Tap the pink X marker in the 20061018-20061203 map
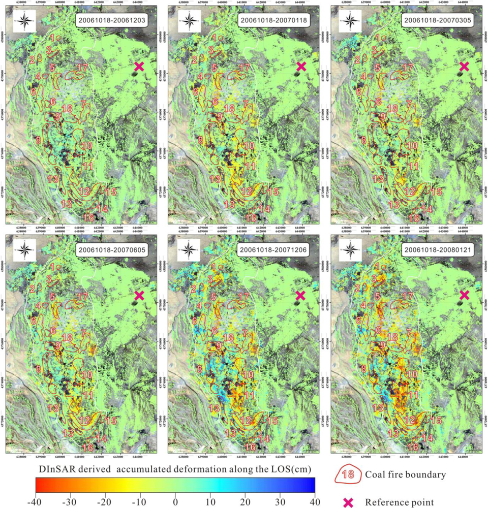tap(139, 66)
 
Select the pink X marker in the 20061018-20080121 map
tap(464, 295)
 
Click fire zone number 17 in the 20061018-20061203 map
tap(82, 67)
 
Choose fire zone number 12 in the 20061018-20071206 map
tap(246, 421)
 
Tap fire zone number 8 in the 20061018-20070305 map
tap(363, 140)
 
